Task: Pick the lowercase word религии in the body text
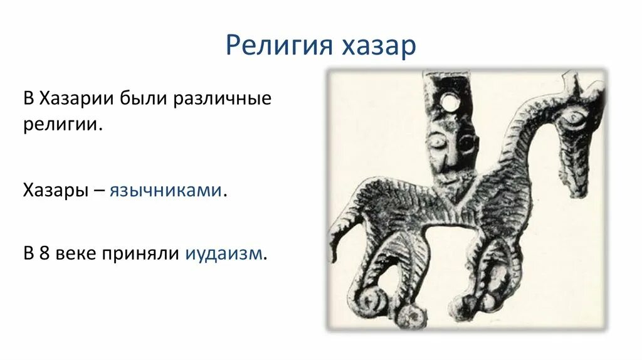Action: pos(62,124)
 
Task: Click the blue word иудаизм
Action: pos(224,254)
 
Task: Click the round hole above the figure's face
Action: pos(449,101)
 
